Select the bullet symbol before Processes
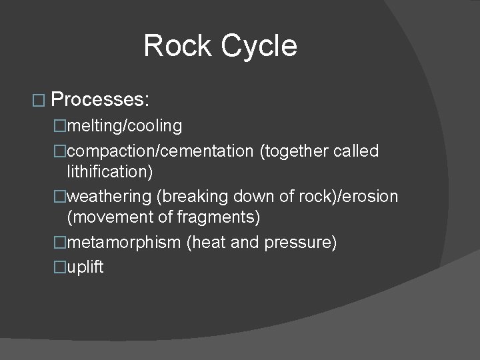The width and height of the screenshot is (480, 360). click(37, 101)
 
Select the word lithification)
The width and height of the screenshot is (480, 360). click(110, 171)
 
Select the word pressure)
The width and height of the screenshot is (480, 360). click(300, 242)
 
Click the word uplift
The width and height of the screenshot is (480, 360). click(85, 267)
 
